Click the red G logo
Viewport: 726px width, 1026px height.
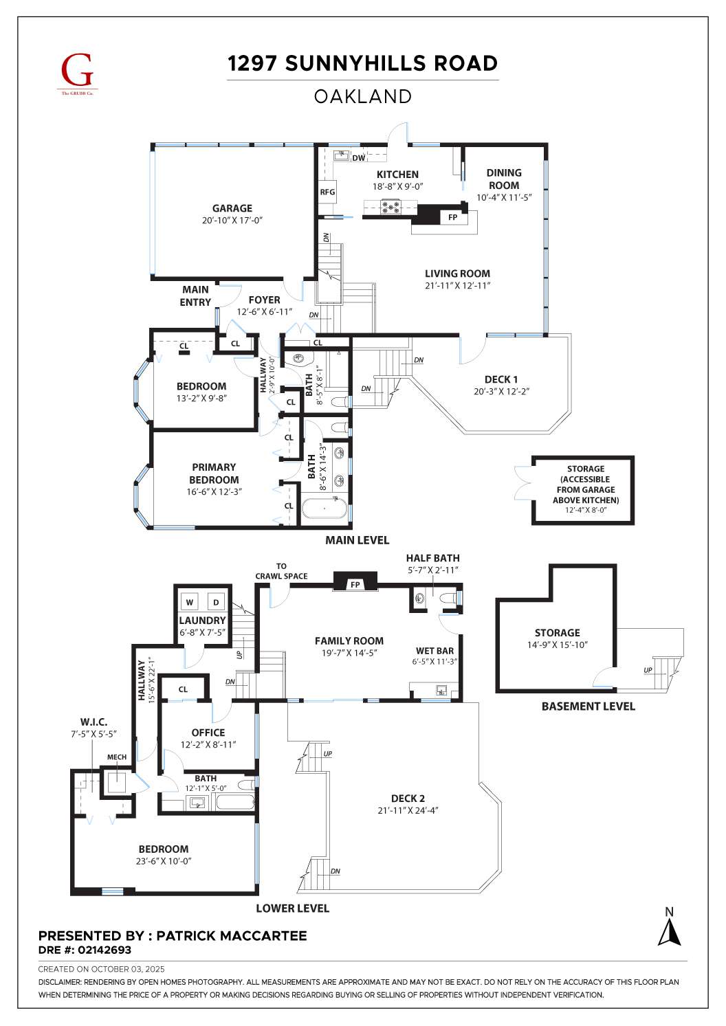pos(76,71)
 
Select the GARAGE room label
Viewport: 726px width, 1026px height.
pos(232,208)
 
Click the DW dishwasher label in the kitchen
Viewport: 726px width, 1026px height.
pos(358,158)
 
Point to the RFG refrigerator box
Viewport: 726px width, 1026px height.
pos(327,192)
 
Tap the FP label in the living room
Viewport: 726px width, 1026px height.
pos(452,217)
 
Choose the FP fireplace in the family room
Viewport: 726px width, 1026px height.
pos(355,584)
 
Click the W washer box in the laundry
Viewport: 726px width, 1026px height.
pos(190,602)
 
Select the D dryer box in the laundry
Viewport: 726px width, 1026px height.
pos(216,602)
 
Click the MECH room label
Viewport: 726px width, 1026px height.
pos(117,757)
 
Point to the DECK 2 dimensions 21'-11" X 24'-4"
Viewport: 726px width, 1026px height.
pos(408,810)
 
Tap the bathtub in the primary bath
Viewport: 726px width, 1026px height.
pos(324,509)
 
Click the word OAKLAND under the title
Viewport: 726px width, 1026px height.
pos(362,97)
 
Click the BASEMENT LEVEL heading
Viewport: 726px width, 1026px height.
pos(588,706)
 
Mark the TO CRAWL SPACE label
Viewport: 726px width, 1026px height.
pos(281,571)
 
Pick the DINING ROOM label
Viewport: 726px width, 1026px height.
pos(504,179)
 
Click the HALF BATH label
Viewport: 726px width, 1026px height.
pos(432,558)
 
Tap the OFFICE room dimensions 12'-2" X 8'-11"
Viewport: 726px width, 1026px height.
pos(208,744)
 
